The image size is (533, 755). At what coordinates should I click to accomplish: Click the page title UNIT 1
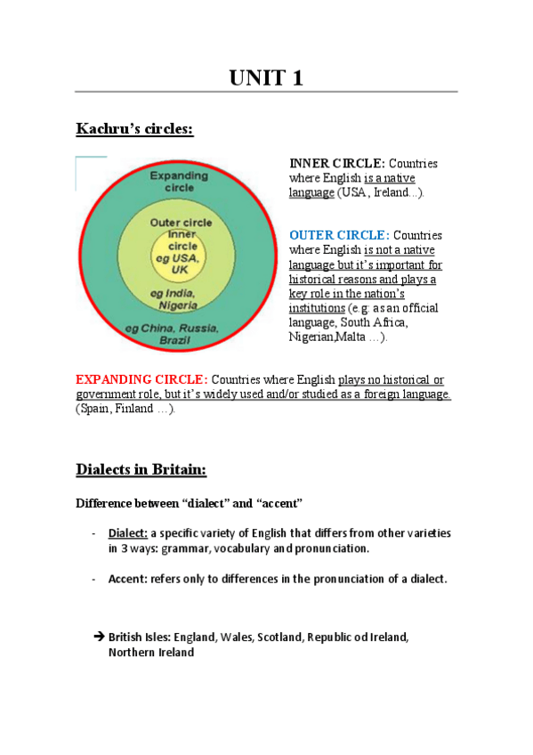click(x=266, y=77)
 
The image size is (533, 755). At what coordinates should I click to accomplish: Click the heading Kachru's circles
click(x=134, y=130)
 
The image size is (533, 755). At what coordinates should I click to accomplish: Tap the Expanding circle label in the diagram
click(x=179, y=182)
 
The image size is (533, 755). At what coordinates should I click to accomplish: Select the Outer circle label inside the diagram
click(x=179, y=222)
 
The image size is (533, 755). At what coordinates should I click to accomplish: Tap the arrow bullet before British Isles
click(x=99, y=637)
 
